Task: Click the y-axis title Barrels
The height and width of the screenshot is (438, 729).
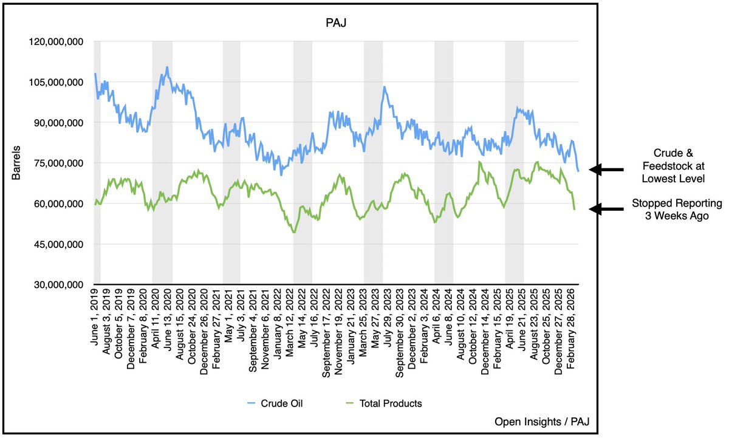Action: coord(17,162)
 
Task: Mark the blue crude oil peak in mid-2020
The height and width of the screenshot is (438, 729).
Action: coord(166,67)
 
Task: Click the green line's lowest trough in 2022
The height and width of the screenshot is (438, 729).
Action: coord(294,232)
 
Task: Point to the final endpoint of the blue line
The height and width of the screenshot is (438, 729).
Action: coord(578,171)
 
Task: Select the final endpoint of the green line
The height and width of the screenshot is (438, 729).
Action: coord(575,209)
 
